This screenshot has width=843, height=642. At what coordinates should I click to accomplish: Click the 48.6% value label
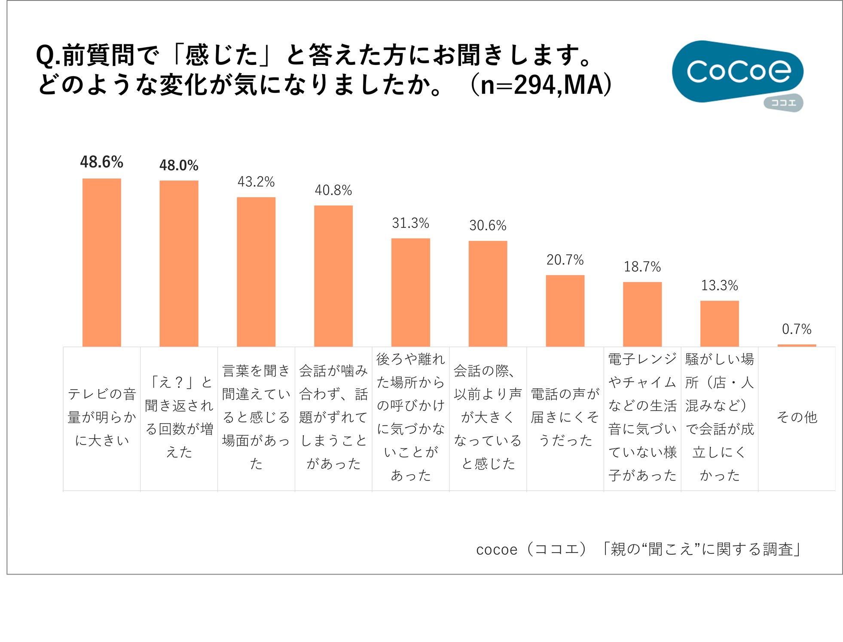click(101, 162)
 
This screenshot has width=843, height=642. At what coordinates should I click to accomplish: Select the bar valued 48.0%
click(179, 263)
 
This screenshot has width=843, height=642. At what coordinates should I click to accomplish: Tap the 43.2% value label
click(256, 182)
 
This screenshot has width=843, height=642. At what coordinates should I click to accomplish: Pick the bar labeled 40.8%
click(333, 276)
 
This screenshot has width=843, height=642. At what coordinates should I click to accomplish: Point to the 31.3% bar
click(410, 292)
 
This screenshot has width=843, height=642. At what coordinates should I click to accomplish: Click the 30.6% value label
click(488, 225)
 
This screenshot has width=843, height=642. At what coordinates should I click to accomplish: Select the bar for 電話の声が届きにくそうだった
click(565, 310)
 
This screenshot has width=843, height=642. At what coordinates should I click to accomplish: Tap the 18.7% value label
click(642, 267)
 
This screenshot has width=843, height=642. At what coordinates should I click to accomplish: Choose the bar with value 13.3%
click(719, 323)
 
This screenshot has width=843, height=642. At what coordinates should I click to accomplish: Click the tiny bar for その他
click(797, 345)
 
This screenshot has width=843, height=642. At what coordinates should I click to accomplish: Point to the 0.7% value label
click(797, 329)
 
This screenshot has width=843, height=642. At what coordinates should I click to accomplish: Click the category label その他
click(797, 417)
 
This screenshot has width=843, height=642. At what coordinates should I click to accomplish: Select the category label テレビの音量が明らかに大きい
click(102, 417)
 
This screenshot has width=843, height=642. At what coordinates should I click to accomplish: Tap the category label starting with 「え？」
click(179, 417)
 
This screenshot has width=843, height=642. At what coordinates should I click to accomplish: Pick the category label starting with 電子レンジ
click(642, 417)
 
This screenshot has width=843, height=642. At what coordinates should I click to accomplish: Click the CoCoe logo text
click(738, 71)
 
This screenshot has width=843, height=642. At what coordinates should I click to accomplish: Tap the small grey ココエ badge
click(783, 103)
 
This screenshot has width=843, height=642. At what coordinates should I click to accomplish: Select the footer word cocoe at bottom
click(497, 550)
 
